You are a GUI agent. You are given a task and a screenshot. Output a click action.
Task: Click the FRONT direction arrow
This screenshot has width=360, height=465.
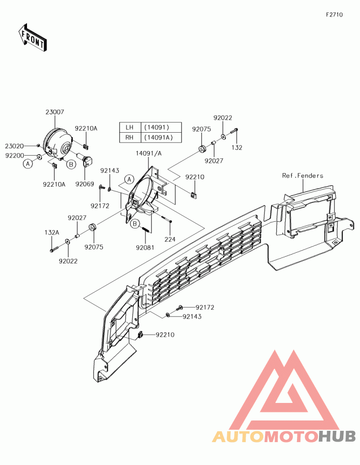click(32, 38)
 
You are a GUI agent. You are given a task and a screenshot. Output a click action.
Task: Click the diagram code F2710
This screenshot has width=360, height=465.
click(334, 14)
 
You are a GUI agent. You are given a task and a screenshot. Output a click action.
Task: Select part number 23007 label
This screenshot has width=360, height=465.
click(54, 113)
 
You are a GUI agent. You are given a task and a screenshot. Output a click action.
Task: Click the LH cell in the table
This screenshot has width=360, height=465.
click(130, 127)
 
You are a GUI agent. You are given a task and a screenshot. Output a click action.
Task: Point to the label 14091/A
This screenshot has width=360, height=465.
click(148, 153)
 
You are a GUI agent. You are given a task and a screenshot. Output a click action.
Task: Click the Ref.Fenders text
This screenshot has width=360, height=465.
click(302, 175)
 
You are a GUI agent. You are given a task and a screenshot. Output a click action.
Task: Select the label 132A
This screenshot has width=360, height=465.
click(52, 232)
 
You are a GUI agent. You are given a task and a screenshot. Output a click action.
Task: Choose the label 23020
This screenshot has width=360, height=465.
click(14, 146)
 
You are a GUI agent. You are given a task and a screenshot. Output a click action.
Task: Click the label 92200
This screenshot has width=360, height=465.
click(14, 155)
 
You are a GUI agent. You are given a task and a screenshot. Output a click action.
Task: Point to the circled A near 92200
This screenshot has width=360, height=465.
click(28, 164)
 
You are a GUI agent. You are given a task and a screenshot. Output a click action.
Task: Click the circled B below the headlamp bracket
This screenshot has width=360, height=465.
click(135, 224)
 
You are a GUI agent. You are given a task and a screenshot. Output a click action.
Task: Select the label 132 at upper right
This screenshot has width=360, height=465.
click(237, 147)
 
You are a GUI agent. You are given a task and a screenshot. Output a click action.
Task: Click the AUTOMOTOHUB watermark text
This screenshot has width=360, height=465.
click(284, 436)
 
